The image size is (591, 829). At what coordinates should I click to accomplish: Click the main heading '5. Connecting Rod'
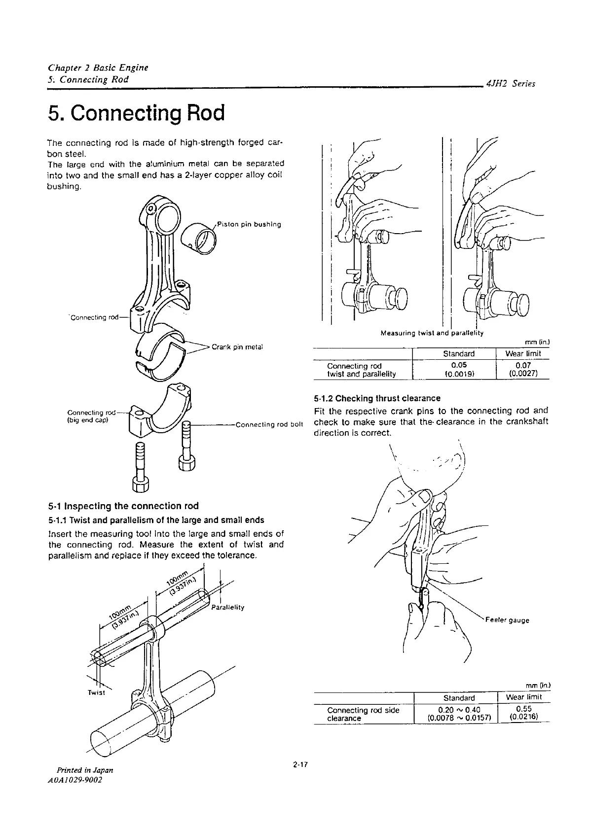click(x=136, y=113)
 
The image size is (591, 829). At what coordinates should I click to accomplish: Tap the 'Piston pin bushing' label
click(x=249, y=224)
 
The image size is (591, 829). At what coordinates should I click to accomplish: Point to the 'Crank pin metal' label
click(x=237, y=346)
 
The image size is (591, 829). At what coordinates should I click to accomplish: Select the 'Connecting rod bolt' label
click(x=269, y=424)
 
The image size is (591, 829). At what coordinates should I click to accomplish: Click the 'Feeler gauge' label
click(x=507, y=620)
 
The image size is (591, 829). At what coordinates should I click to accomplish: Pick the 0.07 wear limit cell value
click(x=523, y=366)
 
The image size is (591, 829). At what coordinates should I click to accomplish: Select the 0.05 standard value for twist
click(x=459, y=366)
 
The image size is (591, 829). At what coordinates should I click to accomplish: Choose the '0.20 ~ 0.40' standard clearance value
click(x=459, y=710)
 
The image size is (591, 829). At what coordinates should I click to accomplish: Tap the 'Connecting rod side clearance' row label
click(x=363, y=714)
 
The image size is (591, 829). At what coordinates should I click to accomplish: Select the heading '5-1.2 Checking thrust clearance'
click(x=377, y=398)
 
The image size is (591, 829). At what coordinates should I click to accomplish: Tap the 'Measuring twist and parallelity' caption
click(x=432, y=333)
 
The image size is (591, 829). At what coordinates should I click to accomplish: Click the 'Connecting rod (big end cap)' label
click(x=90, y=416)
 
